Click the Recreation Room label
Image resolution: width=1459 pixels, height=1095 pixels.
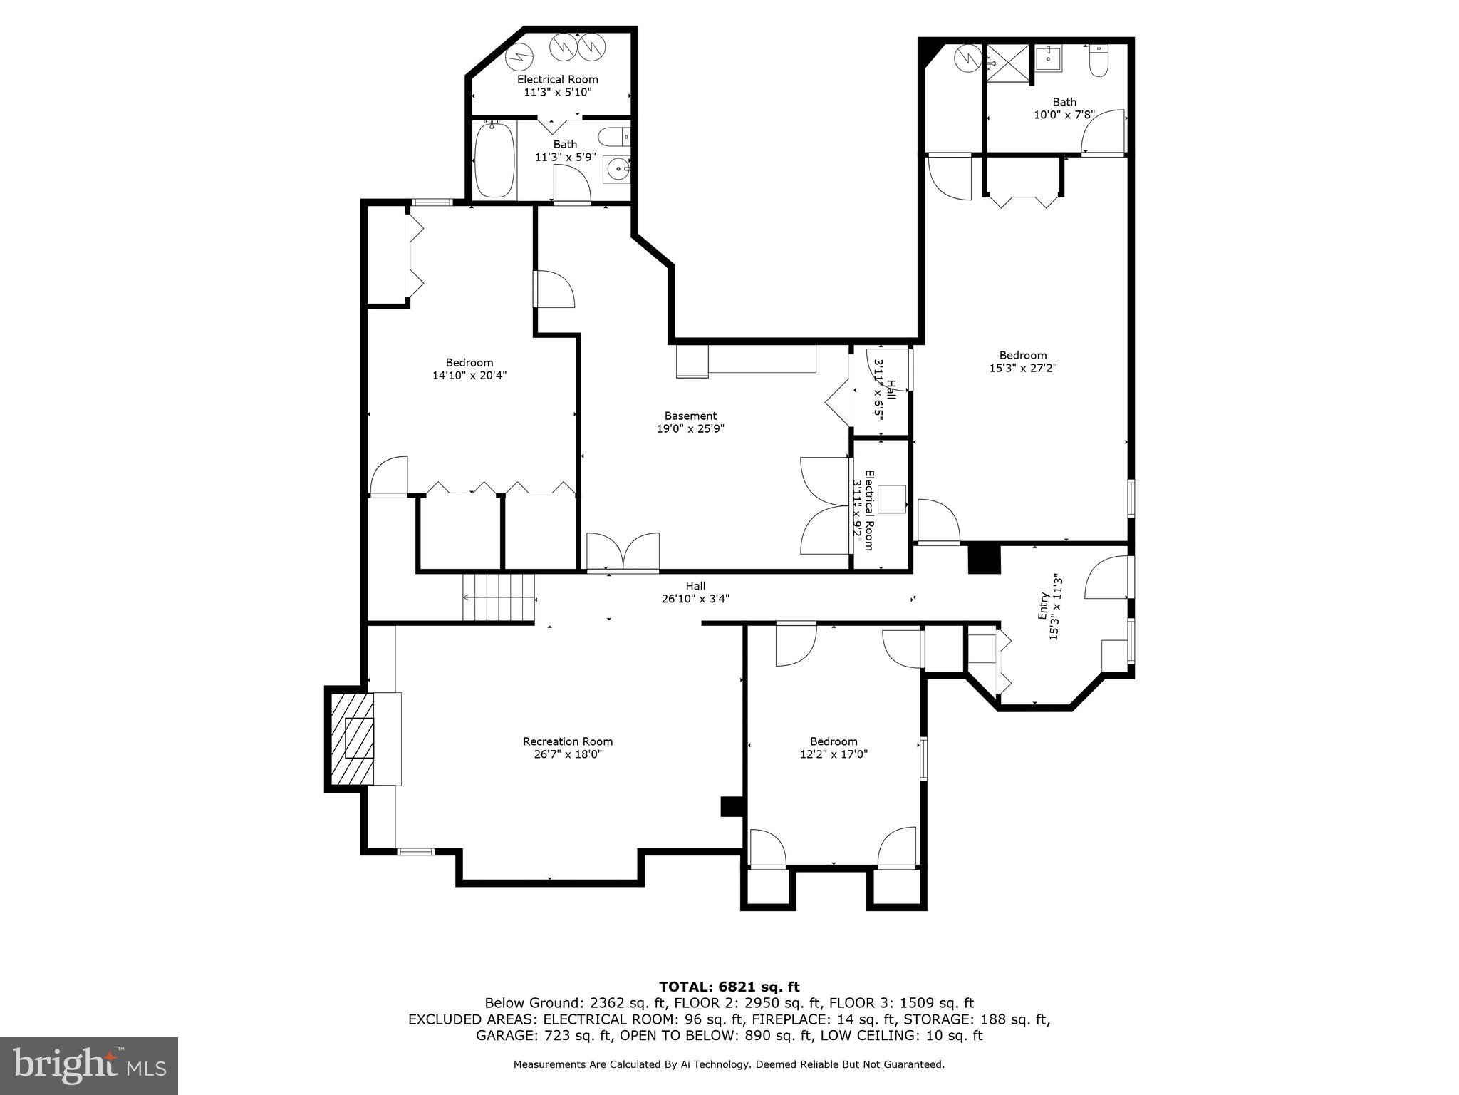567,741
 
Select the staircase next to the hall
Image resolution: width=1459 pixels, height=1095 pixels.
498,597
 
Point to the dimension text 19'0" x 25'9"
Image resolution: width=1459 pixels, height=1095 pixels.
690,428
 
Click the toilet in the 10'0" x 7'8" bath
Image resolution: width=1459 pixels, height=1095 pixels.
1099,63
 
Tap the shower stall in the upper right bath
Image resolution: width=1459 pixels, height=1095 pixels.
1008,63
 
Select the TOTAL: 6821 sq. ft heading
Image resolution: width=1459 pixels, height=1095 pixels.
729,987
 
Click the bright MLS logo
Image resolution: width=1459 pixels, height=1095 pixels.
88,1065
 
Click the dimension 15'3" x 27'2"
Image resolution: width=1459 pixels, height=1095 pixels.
1022,368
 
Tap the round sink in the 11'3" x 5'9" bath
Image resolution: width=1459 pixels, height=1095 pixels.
617,170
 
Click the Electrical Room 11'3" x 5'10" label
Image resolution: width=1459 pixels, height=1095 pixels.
557,86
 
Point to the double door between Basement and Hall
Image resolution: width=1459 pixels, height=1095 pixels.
623,552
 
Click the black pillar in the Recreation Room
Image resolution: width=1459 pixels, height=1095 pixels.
732,806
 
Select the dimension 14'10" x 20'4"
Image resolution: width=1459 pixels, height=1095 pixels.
469,375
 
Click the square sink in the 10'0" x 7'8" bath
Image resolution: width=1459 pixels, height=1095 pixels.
1048,58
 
